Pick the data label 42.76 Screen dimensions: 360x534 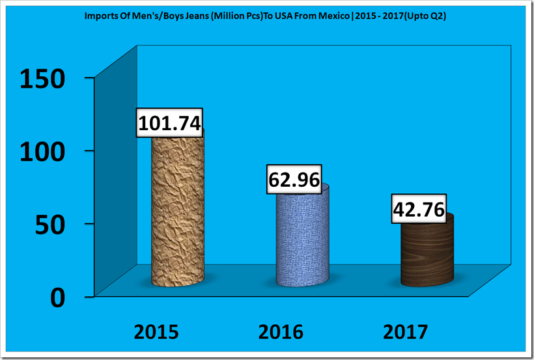[419, 210]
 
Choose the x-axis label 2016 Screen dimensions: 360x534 [281, 332]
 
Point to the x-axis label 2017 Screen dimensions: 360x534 [405, 332]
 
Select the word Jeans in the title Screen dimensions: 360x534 [186, 14]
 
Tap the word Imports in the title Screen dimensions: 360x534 [100, 14]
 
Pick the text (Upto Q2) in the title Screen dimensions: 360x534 [428, 14]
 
